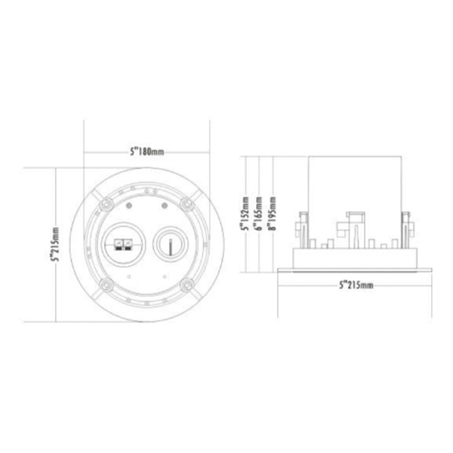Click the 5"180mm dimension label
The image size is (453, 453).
click(x=146, y=152)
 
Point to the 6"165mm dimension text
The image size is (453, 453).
click(x=260, y=214)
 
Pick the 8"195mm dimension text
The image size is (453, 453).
click(x=273, y=214)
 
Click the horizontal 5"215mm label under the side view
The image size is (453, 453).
click(x=356, y=285)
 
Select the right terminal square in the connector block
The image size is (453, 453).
click(x=126, y=242)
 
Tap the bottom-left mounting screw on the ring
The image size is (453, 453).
click(x=106, y=284)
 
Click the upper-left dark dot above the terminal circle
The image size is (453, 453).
click(x=128, y=206)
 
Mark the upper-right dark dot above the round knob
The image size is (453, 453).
click(x=164, y=206)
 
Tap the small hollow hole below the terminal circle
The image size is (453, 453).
click(x=128, y=276)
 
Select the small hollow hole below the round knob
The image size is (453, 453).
click(x=164, y=276)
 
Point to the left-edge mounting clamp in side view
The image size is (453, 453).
click(x=302, y=229)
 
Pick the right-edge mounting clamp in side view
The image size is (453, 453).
click(x=407, y=229)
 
